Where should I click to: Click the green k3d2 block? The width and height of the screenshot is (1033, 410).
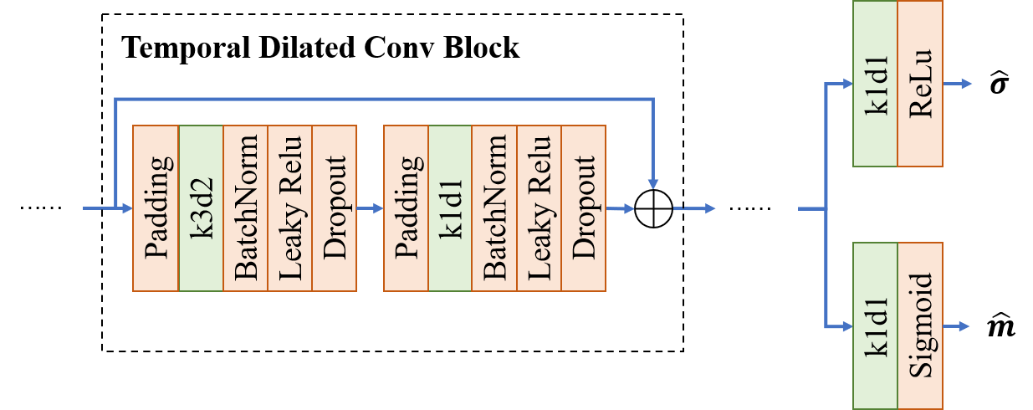201,208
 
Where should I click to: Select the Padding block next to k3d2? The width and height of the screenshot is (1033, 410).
156,208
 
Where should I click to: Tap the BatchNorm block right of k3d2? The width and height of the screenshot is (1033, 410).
245,208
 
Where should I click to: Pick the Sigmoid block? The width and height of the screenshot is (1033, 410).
920,325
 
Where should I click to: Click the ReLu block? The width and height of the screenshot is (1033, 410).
920,84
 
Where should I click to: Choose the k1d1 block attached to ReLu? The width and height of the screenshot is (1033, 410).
875,84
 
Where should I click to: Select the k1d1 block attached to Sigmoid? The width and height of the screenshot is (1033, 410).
875,325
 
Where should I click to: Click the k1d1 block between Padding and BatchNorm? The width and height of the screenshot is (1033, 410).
450,208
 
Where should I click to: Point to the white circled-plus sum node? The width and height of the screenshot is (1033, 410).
653,208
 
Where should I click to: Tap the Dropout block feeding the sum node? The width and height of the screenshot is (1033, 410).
584,208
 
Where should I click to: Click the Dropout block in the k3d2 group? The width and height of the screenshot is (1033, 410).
335,208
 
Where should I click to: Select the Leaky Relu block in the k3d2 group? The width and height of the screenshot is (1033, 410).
289,208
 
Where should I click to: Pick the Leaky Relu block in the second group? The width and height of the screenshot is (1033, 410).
540,208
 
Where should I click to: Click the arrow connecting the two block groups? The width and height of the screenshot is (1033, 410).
370,208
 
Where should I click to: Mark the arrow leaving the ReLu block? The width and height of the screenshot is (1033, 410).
957,84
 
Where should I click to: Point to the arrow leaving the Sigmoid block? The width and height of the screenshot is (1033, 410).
957,325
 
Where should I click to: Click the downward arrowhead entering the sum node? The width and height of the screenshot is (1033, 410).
653,183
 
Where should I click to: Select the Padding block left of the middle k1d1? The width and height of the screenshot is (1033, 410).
406,208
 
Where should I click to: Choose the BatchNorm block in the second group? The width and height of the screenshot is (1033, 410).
494,208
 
